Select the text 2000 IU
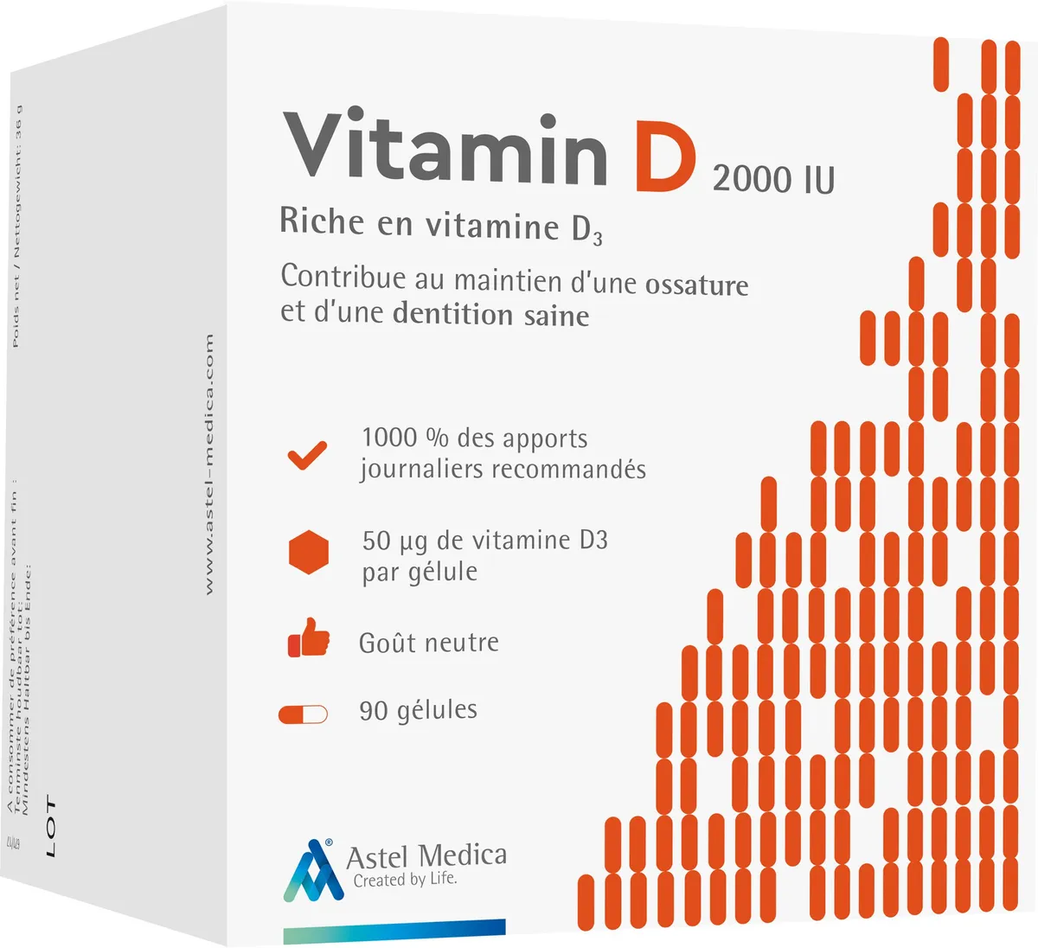pyautogui.click(x=773, y=179)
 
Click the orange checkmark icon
pyautogui.click(x=307, y=455)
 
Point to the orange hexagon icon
pyautogui.click(x=309, y=553)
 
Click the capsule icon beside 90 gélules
pyautogui.click(x=303, y=714)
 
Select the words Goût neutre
pyautogui.click(x=428, y=643)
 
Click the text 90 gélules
pyautogui.click(x=418, y=710)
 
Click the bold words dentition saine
pyautogui.click(x=490, y=314)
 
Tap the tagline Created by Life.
pyautogui.click(x=405, y=880)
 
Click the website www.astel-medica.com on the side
pyautogui.click(x=208, y=464)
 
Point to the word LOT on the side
pyautogui.click(x=50, y=828)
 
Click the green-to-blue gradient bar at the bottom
pyautogui.click(x=394, y=927)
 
